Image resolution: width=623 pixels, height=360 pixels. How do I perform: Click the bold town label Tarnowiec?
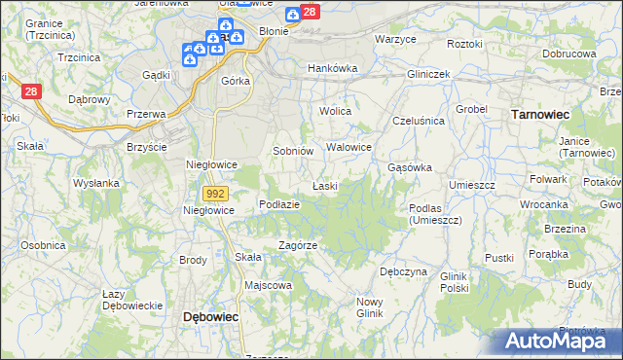(540, 114)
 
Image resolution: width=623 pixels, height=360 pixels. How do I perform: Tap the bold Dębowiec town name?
(211, 316)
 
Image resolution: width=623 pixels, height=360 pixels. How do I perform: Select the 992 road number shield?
(217, 194)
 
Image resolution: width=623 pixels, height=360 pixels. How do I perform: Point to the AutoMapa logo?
(560, 342)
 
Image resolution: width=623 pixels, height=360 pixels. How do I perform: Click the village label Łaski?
(324, 185)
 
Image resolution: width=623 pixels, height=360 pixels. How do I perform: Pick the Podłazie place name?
(278, 204)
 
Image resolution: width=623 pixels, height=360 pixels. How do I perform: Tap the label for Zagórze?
(298, 245)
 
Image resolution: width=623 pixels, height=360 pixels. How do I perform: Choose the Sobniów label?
(292, 151)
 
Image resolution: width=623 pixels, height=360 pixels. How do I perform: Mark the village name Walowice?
(349, 147)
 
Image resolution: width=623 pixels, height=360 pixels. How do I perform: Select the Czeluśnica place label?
(418, 120)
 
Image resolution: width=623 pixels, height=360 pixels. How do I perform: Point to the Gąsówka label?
(409, 166)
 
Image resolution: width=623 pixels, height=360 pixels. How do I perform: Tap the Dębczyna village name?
(403, 271)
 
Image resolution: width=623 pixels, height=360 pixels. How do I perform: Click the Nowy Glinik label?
(370, 306)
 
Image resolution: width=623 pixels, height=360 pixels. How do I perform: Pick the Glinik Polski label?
(455, 282)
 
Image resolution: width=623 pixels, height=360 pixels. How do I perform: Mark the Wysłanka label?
(95, 183)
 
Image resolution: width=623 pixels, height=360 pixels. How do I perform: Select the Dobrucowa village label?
(569, 54)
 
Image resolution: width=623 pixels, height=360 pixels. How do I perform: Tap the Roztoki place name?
(464, 44)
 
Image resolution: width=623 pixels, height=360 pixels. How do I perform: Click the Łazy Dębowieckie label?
(131, 300)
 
